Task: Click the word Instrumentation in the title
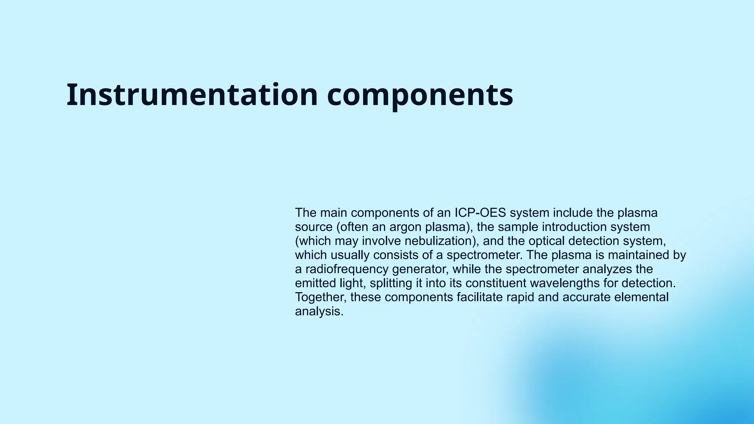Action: point(192,95)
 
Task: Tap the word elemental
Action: point(641,297)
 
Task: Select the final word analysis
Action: point(319,311)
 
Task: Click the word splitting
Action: point(391,283)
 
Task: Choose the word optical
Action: point(547,241)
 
